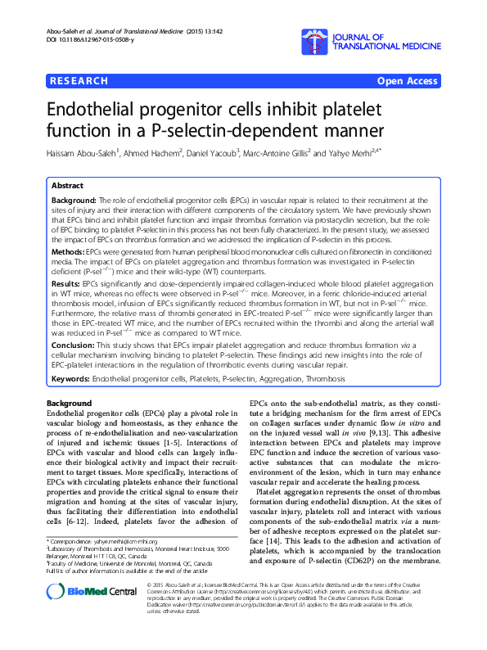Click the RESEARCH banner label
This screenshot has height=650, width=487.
coord(79,81)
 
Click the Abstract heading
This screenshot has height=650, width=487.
coord(69,187)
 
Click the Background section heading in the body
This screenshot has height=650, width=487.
coord(69,404)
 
